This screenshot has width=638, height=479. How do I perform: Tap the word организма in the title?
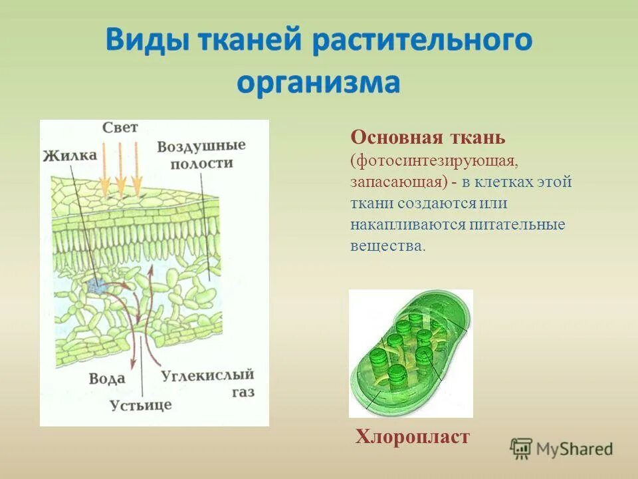click(x=319, y=84)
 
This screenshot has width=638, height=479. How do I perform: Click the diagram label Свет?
click(x=120, y=128)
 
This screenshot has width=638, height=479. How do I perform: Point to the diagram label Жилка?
click(x=70, y=156)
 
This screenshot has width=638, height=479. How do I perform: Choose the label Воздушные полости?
click(x=201, y=154)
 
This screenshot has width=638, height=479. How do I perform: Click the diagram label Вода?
click(x=106, y=378)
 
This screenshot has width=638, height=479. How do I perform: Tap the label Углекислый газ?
click(x=208, y=383)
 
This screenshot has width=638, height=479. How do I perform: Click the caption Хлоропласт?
click(x=412, y=436)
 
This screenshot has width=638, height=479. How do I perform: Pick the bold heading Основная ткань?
click(x=428, y=138)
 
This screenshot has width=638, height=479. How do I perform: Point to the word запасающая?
click(x=392, y=182)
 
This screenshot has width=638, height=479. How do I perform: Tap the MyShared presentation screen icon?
click(x=522, y=448)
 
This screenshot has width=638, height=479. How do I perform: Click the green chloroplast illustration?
click(x=410, y=353)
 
